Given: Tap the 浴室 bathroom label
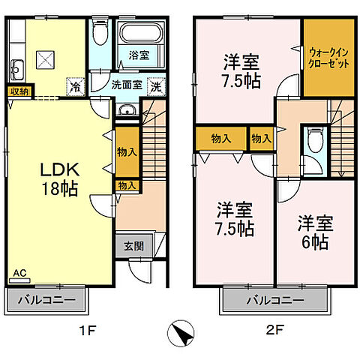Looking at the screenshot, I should tap(139, 55).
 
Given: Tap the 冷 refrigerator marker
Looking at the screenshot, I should tap(75, 85).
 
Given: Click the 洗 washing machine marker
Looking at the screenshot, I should tap(156, 85).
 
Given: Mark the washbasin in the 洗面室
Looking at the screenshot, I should tap(127, 112).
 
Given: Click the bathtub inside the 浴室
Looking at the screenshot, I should tap(139, 34).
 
